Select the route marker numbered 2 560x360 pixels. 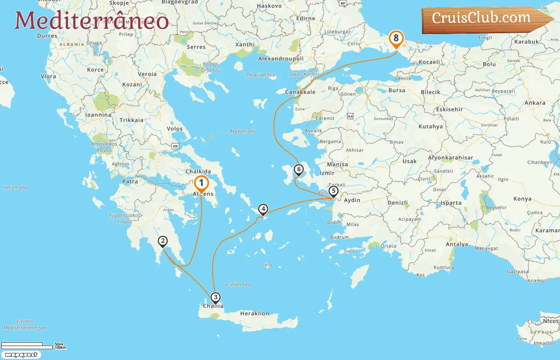click(x=162, y=241)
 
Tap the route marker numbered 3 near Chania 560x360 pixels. click(x=216, y=297)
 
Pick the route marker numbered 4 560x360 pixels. click(x=263, y=209)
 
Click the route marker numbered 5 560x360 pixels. click(x=333, y=191)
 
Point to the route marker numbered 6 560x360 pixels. click(x=298, y=169)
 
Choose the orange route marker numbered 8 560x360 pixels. click(x=396, y=38)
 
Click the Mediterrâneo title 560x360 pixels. click(x=92, y=21)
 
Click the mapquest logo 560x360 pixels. click(x=21, y=355)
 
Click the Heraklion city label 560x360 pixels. click(x=254, y=314)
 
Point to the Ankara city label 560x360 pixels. click(x=535, y=103)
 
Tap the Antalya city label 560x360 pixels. click(x=457, y=244)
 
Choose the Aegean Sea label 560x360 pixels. click(x=242, y=131)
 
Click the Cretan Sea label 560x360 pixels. click(x=238, y=284)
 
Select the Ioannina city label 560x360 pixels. click(x=98, y=115)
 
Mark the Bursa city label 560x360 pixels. click(x=397, y=90)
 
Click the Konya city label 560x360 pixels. click(x=522, y=199)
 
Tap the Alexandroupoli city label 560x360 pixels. click(x=281, y=59)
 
